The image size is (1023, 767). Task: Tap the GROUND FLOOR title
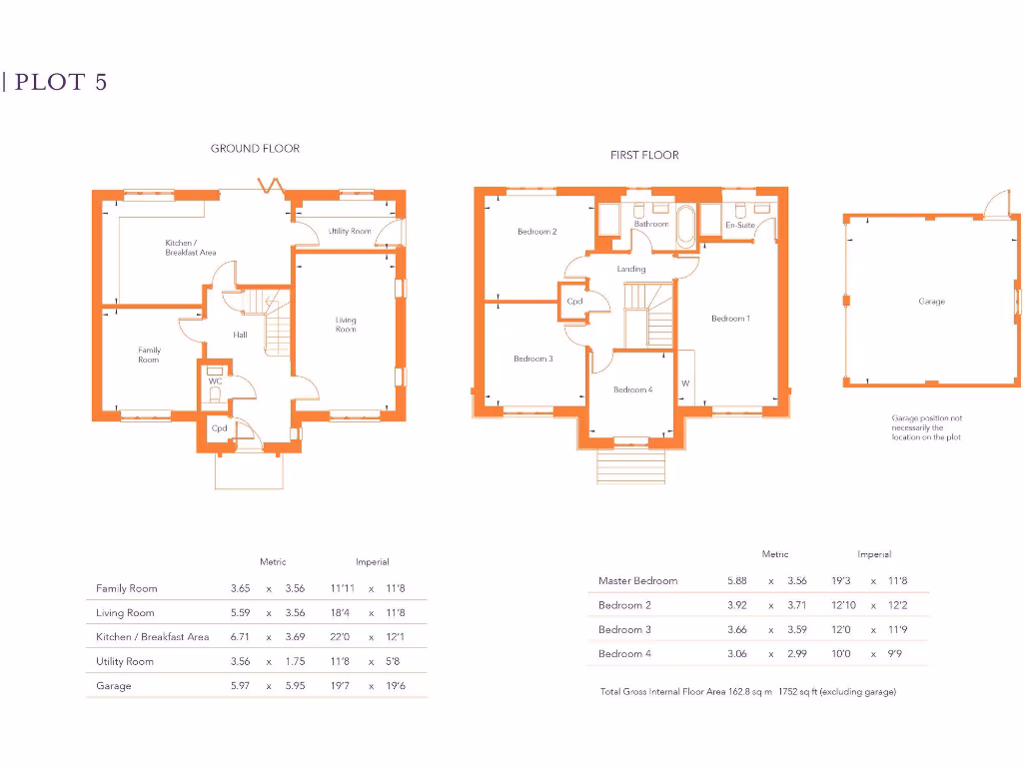pos(255,149)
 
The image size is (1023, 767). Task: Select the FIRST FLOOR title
pos(644,156)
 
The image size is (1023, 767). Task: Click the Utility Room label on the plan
pos(350,232)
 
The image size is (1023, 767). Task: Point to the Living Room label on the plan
pos(346,325)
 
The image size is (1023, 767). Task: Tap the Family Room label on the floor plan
pos(149,355)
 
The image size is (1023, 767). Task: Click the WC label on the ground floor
pos(215,382)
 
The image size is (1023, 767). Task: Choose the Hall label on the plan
pos(240,336)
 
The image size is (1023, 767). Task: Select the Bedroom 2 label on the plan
pos(536,232)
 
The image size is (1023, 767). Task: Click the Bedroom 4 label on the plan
pos(632,389)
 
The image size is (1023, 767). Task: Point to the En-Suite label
pos(739,226)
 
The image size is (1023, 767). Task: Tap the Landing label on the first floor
pos(631,269)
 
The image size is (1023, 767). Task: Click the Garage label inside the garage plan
pos(931,302)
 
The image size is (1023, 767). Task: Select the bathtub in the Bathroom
pos(685,228)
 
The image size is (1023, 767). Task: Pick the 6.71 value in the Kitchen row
pos(240,637)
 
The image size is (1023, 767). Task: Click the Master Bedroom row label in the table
pos(637,581)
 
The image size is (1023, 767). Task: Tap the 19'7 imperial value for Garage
pos(343,686)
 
